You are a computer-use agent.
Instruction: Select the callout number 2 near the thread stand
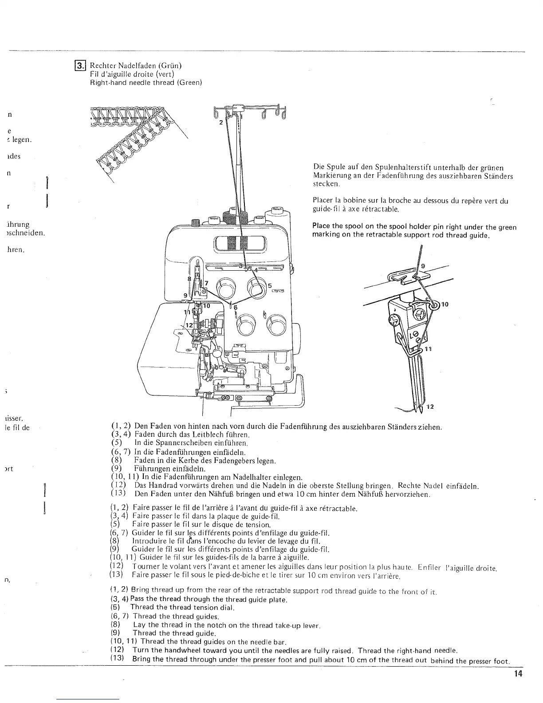[220, 124]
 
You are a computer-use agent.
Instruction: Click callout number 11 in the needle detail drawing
[429, 349]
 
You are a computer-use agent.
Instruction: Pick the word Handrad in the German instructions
[161, 486]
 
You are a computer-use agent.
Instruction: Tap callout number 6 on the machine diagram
[236, 308]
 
